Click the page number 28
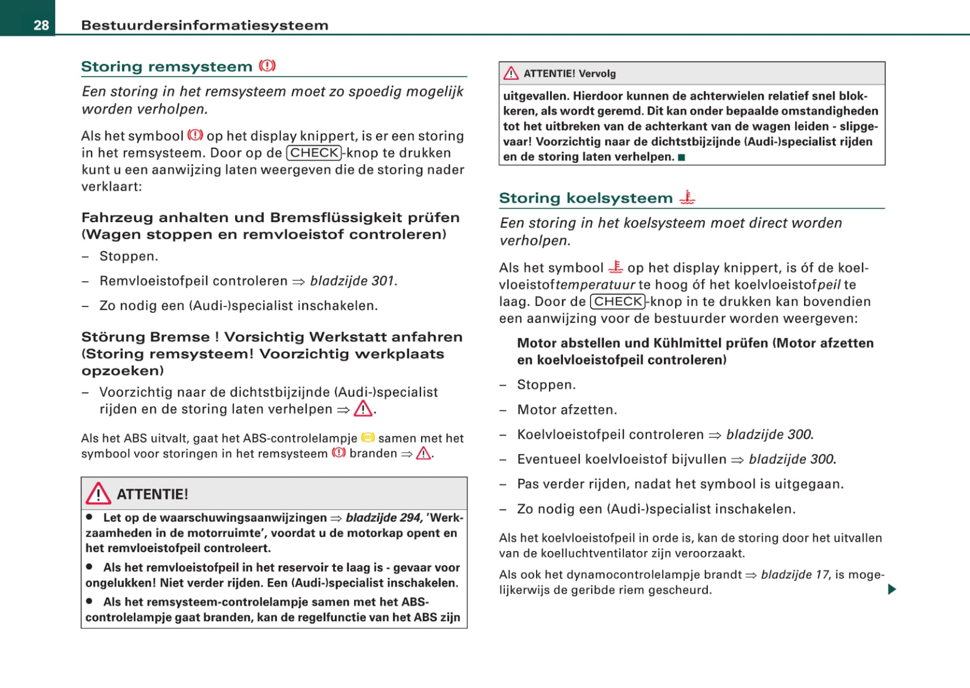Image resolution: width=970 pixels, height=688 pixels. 41,25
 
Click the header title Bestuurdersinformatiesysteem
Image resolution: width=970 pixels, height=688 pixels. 205,25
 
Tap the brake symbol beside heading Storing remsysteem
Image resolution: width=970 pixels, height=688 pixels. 267,66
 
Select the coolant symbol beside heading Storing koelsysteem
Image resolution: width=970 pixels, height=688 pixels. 687,197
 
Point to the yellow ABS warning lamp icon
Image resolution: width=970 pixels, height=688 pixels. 368,438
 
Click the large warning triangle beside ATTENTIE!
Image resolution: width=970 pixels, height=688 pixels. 98,494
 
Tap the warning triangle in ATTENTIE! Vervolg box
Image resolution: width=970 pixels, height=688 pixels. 511,73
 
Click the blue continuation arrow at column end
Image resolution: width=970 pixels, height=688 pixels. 892,589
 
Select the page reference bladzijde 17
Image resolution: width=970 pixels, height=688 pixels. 795,574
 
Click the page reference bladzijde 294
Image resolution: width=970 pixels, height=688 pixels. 384,517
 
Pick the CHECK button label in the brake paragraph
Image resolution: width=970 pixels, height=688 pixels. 314,153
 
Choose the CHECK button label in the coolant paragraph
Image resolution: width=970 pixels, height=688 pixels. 618,301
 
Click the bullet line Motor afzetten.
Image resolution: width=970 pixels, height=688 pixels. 567,410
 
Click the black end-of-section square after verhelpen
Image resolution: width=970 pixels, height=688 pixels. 681,157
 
